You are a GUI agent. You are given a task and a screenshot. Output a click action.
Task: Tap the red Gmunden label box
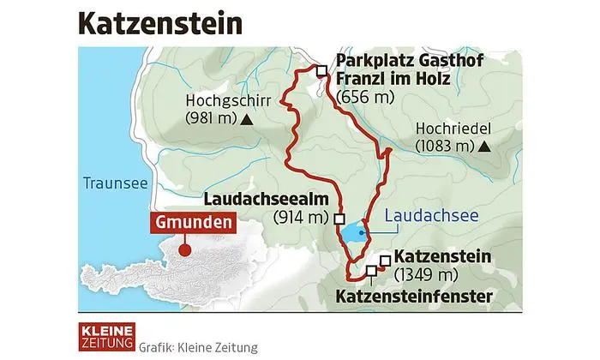click(195, 224)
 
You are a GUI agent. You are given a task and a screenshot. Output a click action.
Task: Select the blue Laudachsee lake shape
click(352, 232)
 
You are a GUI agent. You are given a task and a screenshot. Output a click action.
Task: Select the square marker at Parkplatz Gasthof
click(321, 72)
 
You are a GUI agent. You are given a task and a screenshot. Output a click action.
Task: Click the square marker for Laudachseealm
click(340, 218)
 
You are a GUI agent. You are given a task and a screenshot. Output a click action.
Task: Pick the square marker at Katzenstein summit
click(385, 259)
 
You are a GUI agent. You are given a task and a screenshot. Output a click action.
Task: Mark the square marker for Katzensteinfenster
click(370, 272)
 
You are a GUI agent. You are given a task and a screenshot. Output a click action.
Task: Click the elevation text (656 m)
click(367, 96)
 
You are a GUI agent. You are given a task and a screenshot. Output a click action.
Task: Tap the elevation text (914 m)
click(301, 218)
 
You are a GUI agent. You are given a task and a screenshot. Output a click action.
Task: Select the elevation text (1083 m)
click(444, 146)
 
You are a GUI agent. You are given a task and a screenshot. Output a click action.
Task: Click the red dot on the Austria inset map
click(182, 251)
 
